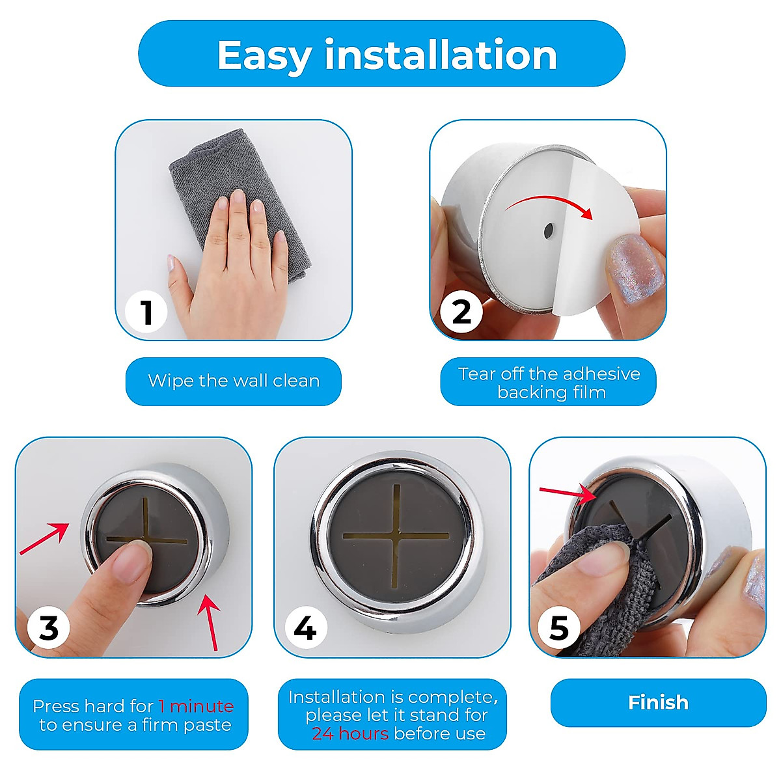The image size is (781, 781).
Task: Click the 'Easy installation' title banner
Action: click(382, 54)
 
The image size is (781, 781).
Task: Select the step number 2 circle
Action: click(461, 312)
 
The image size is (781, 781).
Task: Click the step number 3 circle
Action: click(49, 629)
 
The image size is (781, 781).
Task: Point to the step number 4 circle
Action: click(305, 629)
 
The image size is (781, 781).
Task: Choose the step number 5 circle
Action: click(559, 629)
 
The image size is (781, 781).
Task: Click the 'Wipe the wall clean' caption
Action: click(234, 381)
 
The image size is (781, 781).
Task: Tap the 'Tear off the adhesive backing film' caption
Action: click(549, 383)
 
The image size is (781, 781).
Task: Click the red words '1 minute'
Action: click(196, 706)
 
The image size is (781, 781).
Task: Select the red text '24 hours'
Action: click(350, 733)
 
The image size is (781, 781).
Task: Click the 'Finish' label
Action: click(658, 702)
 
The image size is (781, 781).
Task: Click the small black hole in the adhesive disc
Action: click(548, 230)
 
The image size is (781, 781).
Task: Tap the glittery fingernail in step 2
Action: click(634, 268)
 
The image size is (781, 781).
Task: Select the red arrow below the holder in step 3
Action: click(210, 622)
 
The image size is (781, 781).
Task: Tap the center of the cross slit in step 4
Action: click(396, 536)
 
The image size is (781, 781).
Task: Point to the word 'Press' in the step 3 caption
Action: click(57, 706)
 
